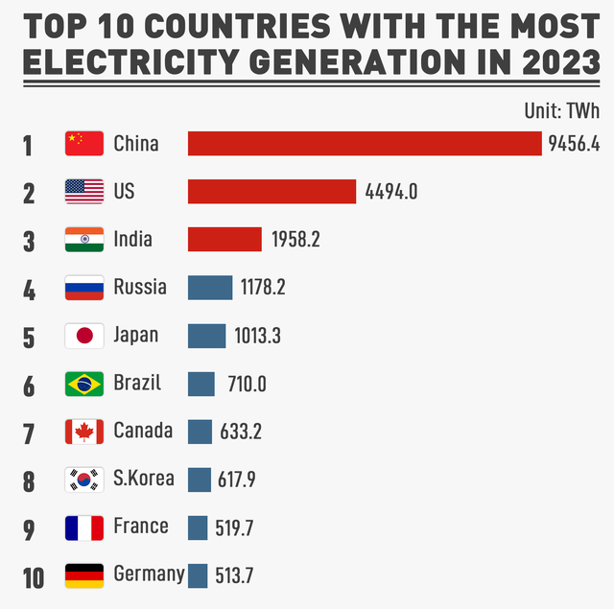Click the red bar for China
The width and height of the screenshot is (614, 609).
pyautogui.click(x=365, y=144)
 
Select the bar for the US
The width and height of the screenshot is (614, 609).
pyautogui.click(x=272, y=192)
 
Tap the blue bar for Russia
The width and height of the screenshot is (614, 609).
pyautogui.click(x=210, y=288)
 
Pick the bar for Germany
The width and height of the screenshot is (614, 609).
pyautogui.click(x=198, y=575)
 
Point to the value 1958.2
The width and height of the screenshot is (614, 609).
pyautogui.click(x=295, y=240)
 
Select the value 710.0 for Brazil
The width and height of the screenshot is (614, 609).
pyautogui.click(x=247, y=384)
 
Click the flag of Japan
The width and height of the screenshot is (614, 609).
pyautogui.click(x=84, y=336)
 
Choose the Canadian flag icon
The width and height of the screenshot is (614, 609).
pyautogui.click(x=84, y=432)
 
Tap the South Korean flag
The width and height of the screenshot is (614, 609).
pyautogui.click(x=84, y=480)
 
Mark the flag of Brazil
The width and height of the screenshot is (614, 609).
pyautogui.click(x=84, y=384)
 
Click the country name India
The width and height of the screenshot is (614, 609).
pyautogui.click(x=132, y=239)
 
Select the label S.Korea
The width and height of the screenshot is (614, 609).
pyautogui.click(x=144, y=478)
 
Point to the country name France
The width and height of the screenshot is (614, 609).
pyautogui.click(x=140, y=526)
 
